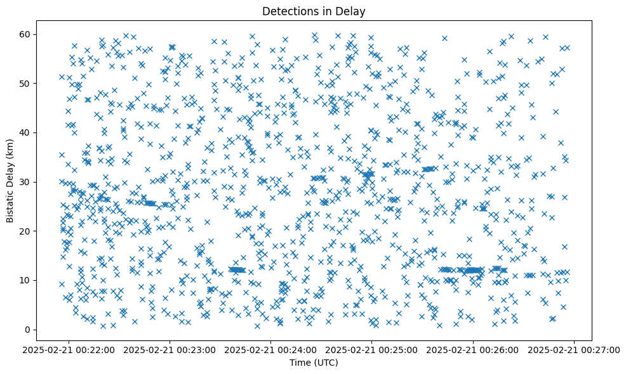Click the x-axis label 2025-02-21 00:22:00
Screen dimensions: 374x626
(69, 349)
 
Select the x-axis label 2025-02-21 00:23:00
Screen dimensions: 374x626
(170, 349)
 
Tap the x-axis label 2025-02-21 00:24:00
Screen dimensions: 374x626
(271, 349)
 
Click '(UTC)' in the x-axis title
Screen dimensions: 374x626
(327, 363)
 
